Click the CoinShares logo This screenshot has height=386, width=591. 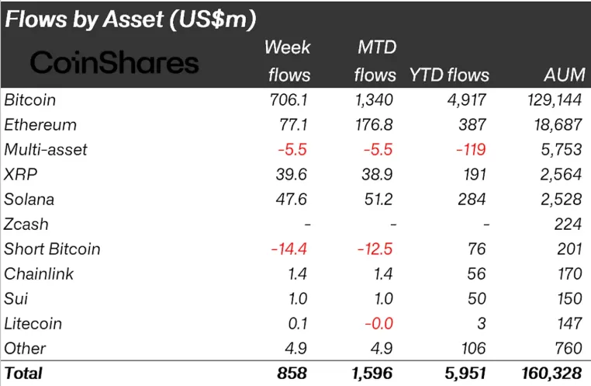(x=114, y=63)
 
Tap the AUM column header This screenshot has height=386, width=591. (x=565, y=75)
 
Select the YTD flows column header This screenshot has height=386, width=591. (x=449, y=75)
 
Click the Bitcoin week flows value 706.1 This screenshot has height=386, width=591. (x=289, y=100)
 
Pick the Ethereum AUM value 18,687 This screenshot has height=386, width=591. (x=558, y=125)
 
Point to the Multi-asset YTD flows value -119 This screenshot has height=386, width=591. (x=471, y=150)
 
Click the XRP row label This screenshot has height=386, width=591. (x=21, y=174)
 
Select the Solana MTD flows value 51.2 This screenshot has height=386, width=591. (x=378, y=200)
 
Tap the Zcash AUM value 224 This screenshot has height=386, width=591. (x=568, y=224)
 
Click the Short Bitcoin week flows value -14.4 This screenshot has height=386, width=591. (x=289, y=249)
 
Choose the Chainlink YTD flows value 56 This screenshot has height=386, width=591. (x=476, y=274)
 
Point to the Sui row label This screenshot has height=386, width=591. (x=16, y=299)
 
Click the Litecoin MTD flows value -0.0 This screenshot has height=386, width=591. (x=378, y=324)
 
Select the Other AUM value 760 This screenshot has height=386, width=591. (x=569, y=348)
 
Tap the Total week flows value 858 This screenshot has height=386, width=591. (x=292, y=374)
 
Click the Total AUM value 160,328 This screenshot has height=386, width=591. (x=551, y=374)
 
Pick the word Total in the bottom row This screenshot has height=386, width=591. (x=23, y=374)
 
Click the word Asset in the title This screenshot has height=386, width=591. (x=133, y=19)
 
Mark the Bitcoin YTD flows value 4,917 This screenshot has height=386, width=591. (x=467, y=100)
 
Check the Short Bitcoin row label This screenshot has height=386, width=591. (x=52, y=249)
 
